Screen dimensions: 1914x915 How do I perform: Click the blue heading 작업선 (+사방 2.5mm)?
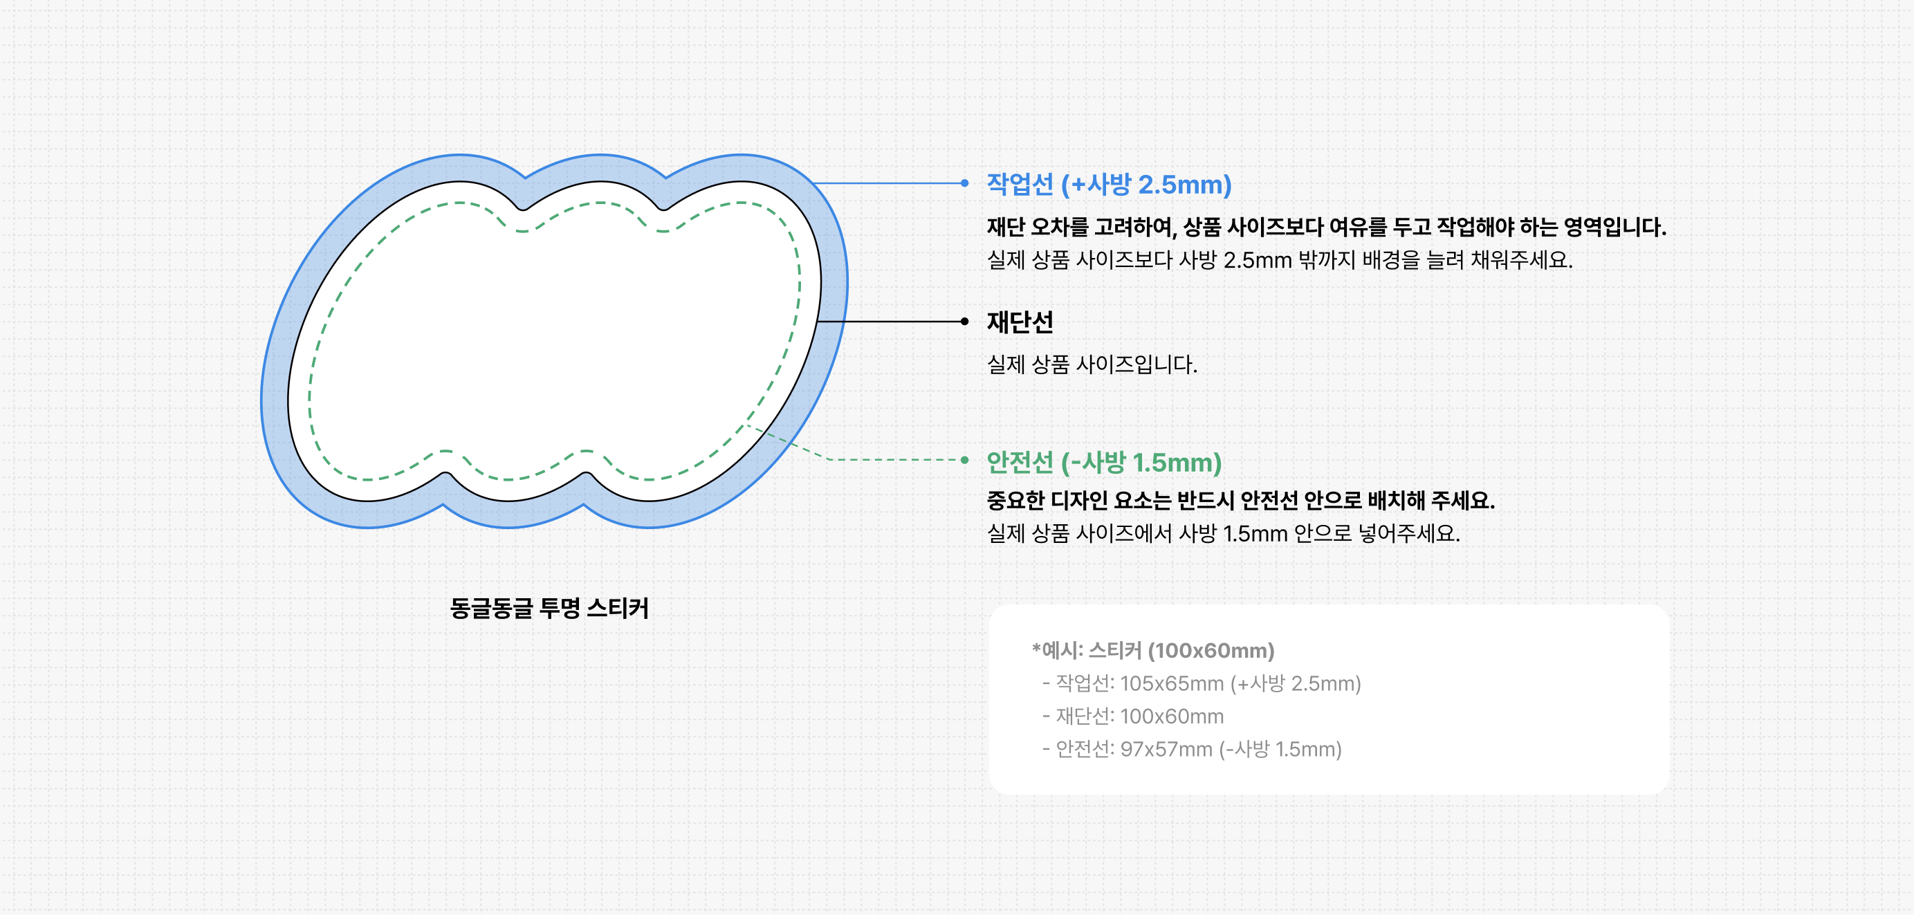click(1109, 184)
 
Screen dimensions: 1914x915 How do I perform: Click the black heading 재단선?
click(1020, 322)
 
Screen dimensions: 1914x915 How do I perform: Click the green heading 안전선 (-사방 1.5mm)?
click(1104, 462)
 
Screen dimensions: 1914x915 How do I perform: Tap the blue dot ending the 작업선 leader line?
click(964, 183)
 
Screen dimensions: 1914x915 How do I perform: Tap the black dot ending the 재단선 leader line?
click(964, 322)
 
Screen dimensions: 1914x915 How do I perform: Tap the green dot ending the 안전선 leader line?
click(964, 460)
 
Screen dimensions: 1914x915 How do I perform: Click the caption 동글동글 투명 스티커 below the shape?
click(549, 608)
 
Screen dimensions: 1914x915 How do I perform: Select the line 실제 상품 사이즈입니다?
click(1092, 364)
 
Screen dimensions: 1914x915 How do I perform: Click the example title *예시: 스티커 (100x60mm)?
click(1153, 651)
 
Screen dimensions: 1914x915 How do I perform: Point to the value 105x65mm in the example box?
click(1172, 683)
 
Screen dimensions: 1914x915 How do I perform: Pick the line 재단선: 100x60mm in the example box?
click(1133, 716)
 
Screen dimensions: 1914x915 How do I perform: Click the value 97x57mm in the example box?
click(1166, 748)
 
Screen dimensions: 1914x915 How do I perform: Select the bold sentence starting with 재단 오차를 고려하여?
click(1326, 227)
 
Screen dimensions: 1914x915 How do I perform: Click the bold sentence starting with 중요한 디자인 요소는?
click(1241, 500)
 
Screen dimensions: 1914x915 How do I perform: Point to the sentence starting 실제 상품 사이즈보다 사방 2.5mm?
click(1280, 260)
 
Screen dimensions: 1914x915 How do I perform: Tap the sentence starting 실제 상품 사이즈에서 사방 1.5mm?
click(1223, 533)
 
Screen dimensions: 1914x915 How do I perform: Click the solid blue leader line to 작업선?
click(888, 183)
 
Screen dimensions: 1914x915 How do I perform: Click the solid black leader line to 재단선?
click(890, 322)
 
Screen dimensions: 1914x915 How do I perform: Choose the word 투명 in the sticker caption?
click(560, 608)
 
